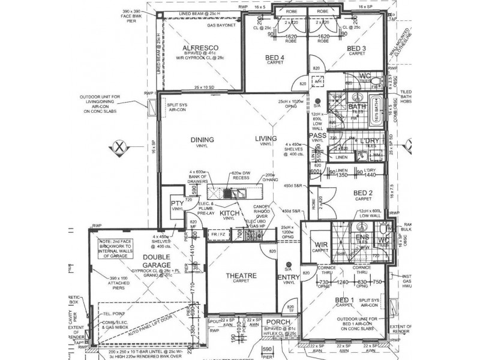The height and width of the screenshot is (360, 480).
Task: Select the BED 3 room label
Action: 357,47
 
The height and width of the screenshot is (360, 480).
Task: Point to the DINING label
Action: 202,140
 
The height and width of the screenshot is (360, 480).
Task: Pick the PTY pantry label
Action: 177,202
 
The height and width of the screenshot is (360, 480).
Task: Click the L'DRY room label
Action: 370,140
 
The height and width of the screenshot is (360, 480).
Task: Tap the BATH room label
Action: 358,107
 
